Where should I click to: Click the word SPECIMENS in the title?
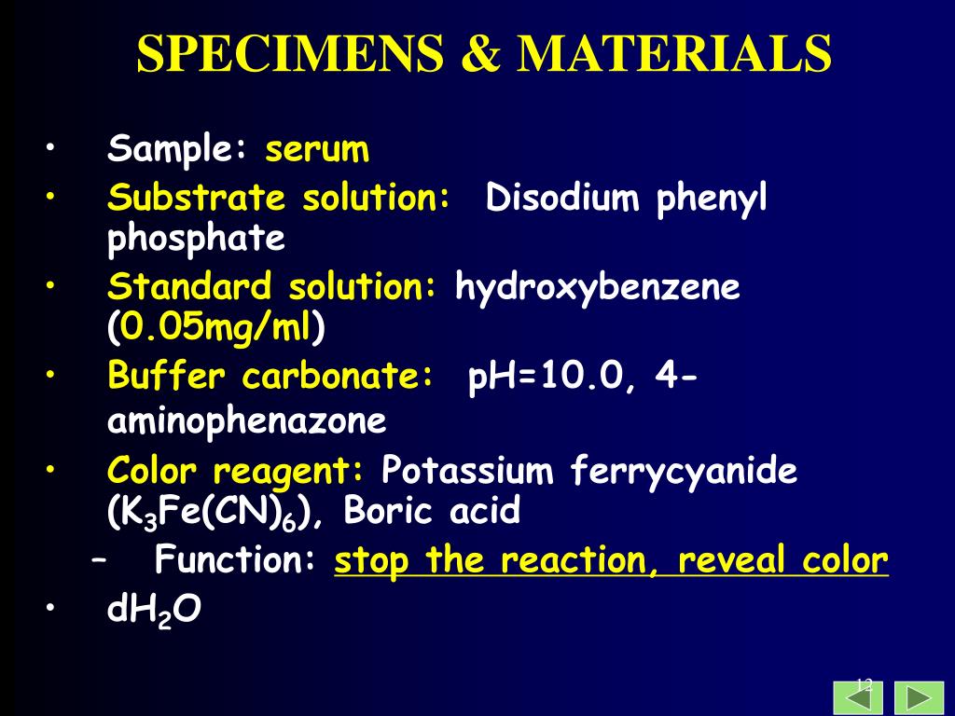290,54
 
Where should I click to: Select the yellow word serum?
317,149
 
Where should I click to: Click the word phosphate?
196,240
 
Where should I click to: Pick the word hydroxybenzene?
598,287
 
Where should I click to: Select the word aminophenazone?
246,421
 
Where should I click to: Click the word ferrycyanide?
685,471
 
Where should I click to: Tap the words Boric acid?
432,512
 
